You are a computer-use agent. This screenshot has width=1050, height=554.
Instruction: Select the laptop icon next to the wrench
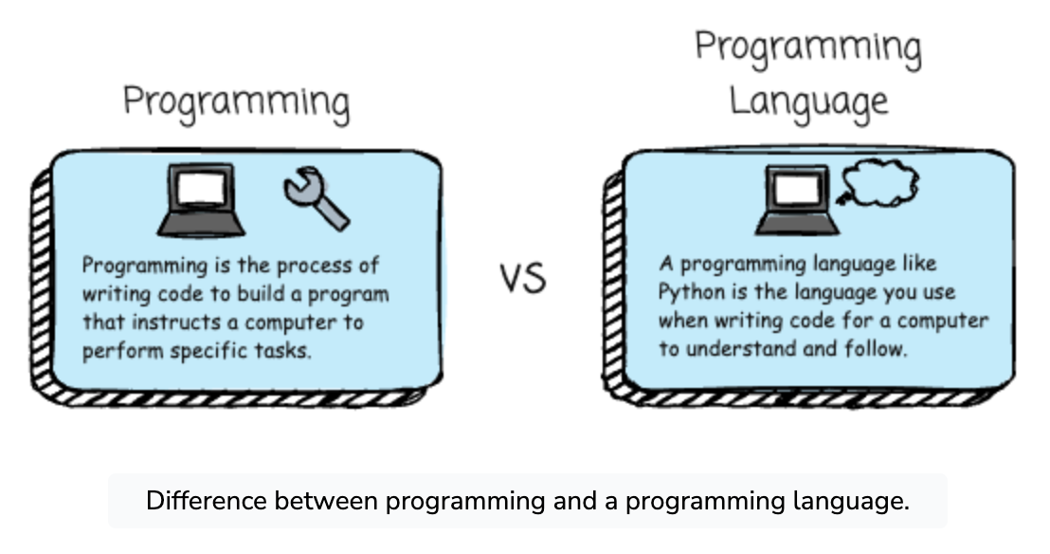[x=201, y=200]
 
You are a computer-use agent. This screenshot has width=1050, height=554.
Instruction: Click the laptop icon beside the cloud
[x=797, y=200]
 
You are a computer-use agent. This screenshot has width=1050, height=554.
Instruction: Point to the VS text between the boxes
[x=523, y=278]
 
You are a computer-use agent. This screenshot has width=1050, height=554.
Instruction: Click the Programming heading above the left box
[x=236, y=102]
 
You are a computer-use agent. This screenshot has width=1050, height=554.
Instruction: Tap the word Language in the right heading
[x=808, y=102]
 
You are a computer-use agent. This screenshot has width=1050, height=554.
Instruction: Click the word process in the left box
[x=315, y=267]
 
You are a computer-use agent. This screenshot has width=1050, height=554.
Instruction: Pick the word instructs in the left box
[x=177, y=323]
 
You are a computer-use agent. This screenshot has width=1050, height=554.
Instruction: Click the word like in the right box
[x=919, y=264]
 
